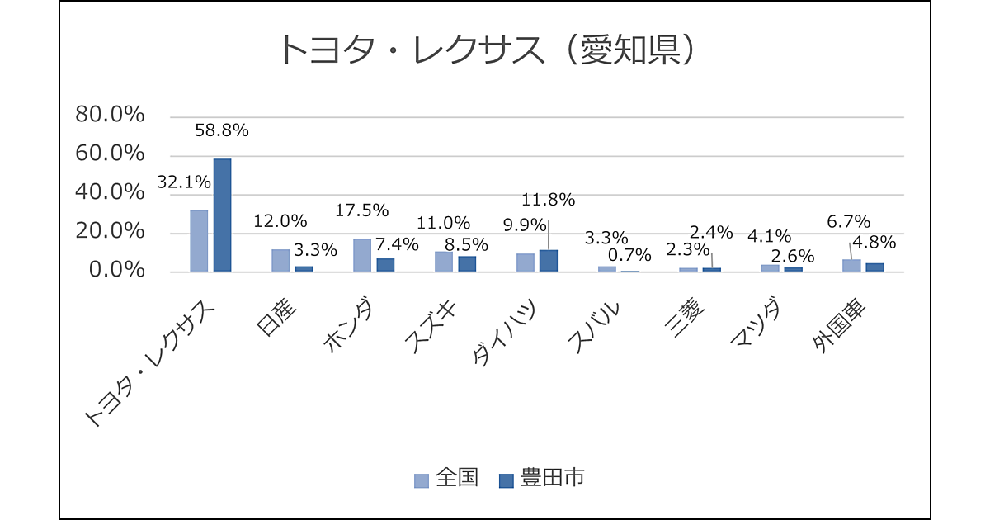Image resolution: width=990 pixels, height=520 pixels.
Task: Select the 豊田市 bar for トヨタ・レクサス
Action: [222, 215]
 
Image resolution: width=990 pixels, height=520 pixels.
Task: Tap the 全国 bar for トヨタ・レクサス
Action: [199, 240]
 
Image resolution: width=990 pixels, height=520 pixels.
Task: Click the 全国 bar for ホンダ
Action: [362, 254]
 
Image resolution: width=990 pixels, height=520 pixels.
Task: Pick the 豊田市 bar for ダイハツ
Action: [549, 260]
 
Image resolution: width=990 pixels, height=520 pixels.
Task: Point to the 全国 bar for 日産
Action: [280, 260]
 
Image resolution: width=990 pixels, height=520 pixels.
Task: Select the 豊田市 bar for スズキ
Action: [467, 263]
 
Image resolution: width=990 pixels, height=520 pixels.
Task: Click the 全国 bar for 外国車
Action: [851, 265]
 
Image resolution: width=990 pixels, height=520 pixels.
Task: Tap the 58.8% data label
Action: [221, 130]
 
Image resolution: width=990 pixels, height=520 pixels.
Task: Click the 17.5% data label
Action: [362, 210]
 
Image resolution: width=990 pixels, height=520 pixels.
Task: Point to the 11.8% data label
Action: [548, 200]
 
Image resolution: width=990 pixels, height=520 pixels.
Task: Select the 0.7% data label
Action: [629, 255]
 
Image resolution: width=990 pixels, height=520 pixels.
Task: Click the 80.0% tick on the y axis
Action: [110, 116]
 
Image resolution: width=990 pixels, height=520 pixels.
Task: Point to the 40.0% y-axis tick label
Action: [110, 193]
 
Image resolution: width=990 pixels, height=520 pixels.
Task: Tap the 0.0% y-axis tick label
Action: [115, 271]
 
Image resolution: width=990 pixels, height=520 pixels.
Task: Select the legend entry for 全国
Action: [446, 479]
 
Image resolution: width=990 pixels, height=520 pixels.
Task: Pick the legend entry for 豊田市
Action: [542, 479]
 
